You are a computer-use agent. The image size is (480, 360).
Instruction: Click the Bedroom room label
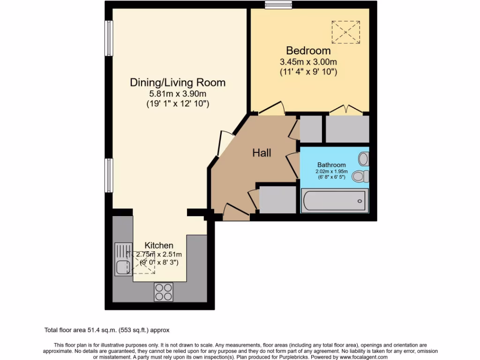click(x=308, y=50)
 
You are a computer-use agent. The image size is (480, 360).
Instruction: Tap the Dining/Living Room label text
click(x=178, y=82)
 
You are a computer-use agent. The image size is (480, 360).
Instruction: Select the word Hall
click(x=262, y=152)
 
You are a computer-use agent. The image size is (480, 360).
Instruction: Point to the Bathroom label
click(x=331, y=165)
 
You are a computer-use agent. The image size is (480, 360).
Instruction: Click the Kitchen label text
click(x=159, y=245)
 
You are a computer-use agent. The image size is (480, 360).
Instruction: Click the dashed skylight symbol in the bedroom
click(x=345, y=31)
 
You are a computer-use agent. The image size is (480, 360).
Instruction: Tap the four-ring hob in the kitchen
click(x=164, y=292)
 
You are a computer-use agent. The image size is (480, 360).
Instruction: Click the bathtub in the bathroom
click(x=334, y=201)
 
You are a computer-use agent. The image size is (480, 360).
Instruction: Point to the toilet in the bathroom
click(x=361, y=177)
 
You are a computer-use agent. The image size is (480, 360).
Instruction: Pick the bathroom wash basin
click(x=364, y=158)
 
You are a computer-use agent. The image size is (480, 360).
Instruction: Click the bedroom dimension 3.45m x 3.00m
click(x=308, y=62)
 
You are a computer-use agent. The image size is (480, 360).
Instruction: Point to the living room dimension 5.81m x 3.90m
click(x=178, y=94)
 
